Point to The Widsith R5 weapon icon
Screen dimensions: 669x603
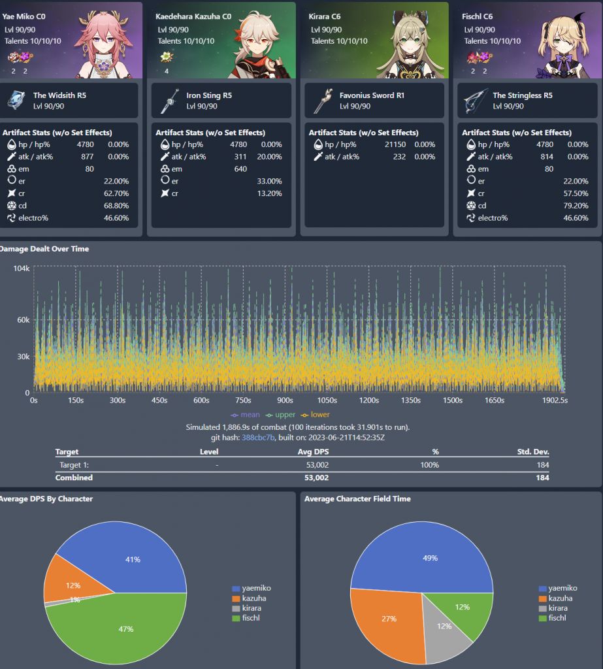point(16,100)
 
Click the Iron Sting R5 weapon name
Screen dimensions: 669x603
point(209,95)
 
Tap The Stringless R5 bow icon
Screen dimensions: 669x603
point(475,101)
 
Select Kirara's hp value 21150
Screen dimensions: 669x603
point(394,144)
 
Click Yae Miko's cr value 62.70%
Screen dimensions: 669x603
point(116,193)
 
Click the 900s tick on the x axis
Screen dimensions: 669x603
point(285,400)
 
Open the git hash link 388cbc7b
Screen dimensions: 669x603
point(259,437)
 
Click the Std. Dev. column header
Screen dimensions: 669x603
point(532,452)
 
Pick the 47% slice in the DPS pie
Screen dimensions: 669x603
point(126,628)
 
